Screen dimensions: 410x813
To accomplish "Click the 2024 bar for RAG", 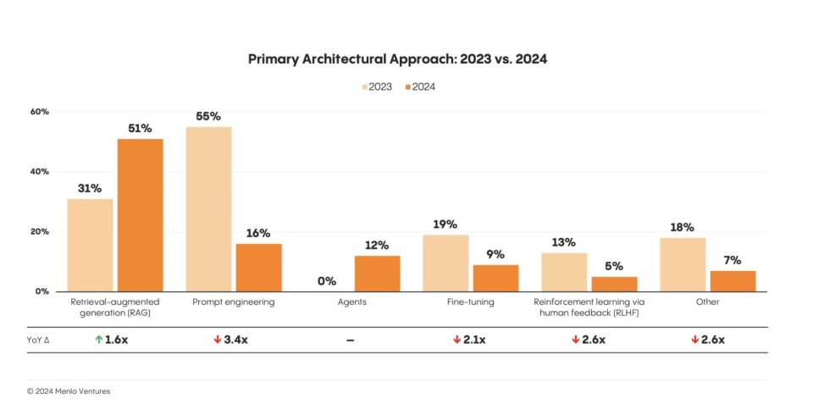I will [x=140, y=215].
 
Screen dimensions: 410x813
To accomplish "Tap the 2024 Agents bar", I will [x=377, y=273].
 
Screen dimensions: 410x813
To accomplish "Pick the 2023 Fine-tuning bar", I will [x=445, y=263].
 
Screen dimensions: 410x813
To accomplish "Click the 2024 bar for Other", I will [x=733, y=280].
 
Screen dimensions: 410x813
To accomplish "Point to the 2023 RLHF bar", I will [x=564, y=271].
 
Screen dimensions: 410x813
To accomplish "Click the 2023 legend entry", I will [x=377, y=86].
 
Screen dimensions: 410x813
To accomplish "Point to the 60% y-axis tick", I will [x=40, y=112].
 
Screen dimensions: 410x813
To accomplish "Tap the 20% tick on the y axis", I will [x=40, y=231].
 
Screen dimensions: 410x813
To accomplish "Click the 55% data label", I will [x=208, y=115].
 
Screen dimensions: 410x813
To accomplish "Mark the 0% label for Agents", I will [x=327, y=281].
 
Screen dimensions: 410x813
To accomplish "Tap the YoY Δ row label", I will [x=39, y=340].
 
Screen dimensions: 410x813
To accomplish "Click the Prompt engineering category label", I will [x=234, y=301].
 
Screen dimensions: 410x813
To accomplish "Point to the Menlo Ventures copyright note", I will [x=69, y=391].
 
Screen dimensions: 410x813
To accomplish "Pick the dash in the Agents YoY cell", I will [x=350, y=340].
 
